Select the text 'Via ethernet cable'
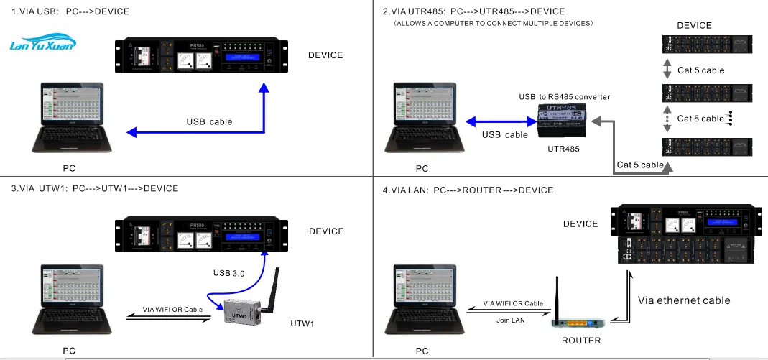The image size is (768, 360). point(684,300)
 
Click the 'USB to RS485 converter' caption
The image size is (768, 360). point(565,96)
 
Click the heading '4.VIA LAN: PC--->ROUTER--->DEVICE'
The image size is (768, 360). point(468,190)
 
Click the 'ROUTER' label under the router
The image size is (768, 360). point(581,340)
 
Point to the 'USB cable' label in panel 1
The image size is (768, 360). point(209,121)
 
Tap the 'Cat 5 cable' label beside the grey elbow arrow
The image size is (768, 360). point(640,165)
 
